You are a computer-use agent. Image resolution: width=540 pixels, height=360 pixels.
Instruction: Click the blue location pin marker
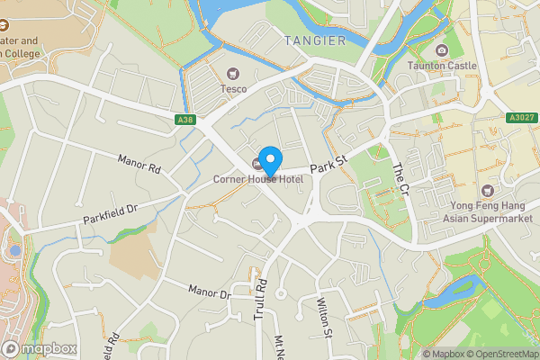tap(268, 159)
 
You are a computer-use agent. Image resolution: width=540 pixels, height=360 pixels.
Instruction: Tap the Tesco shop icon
tap(234, 74)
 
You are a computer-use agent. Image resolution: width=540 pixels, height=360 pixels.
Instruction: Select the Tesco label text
tap(234, 88)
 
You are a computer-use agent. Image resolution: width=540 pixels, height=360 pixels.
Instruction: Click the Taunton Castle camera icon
tap(441, 50)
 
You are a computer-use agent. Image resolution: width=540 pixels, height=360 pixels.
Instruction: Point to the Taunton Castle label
tap(442, 67)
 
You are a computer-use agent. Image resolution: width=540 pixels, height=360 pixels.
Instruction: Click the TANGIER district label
tap(314, 40)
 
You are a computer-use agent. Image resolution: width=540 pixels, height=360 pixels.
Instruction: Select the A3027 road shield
tap(522, 118)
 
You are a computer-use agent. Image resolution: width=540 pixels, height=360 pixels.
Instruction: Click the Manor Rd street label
tap(139, 163)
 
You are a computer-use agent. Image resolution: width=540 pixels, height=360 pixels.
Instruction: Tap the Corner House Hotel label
tap(257, 179)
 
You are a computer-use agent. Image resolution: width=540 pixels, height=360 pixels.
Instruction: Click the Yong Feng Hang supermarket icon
tap(488, 190)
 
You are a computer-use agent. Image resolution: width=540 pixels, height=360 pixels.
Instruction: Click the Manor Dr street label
tap(210, 292)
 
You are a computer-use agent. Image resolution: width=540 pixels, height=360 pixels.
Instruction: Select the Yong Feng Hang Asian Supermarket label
tap(488, 211)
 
